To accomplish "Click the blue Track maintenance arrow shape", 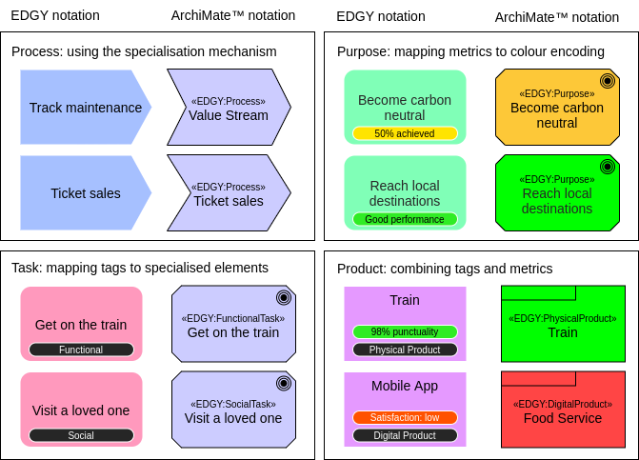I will [x=84, y=108].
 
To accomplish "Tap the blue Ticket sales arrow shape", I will [x=84, y=193].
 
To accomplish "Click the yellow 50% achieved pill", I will [x=405, y=133].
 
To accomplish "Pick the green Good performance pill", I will [x=405, y=219].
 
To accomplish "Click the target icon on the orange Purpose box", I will [x=607, y=81].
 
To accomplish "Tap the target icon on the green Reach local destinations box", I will [x=607, y=167].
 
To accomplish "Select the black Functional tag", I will [x=81, y=350].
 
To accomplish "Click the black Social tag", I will [x=81, y=435].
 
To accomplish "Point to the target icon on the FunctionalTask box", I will [x=283, y=297].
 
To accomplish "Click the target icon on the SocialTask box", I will [x=283, y=383].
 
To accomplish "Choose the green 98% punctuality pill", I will [x=405, y=331].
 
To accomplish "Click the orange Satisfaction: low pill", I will [x=405, y=417].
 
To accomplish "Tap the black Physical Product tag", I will [x=405, y=350].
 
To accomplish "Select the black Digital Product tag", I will [x=405, y=435].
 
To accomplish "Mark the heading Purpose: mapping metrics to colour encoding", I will [x=470, y=51].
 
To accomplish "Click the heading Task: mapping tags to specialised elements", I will [x=140, y=269].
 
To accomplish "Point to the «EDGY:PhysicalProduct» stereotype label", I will [x=563, y=318].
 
